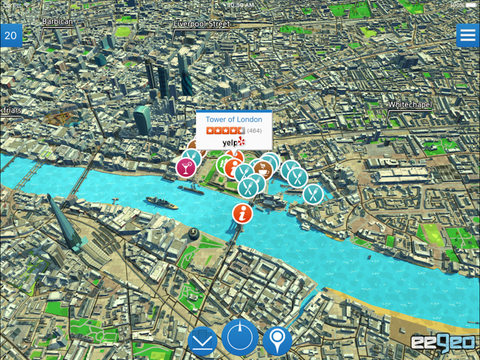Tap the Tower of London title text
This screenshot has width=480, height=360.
tap(234, 119)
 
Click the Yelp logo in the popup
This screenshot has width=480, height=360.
tap(233, 143)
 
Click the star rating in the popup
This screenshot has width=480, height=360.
tap(225, 130)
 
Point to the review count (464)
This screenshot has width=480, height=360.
tap(254, 130)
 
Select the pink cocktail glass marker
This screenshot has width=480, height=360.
tap(185, 167)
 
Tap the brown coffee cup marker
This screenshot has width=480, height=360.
tap(263, 168)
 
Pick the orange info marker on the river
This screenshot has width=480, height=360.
tap(242, 213)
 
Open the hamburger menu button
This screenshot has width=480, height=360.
tap(468, 35)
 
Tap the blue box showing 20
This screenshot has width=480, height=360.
tap(11, 36)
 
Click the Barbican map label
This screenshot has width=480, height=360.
tap(57, 22)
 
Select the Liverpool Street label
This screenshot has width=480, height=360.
tap(202, 24)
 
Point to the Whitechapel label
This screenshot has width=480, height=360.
tap(410, 105)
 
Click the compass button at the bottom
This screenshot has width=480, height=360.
tap(239, 337)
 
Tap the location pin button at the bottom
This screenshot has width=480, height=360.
tap(277, 340)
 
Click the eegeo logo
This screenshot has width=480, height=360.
tap(443, 341)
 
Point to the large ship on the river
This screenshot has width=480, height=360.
tap(161, 203)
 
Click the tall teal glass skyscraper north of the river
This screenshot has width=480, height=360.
tap(143, 119)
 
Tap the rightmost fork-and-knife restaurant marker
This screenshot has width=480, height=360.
tap(313, 194)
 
